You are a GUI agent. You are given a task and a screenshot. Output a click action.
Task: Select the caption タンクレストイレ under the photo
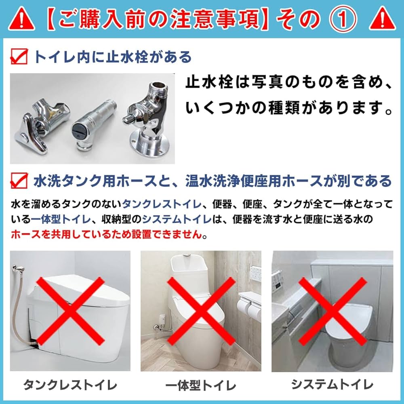click(x=70, y=384)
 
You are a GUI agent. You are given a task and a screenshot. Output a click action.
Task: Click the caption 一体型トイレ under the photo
click(x=200, y=385)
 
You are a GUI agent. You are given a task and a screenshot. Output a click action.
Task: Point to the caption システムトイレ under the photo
click(x=332, y=384)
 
